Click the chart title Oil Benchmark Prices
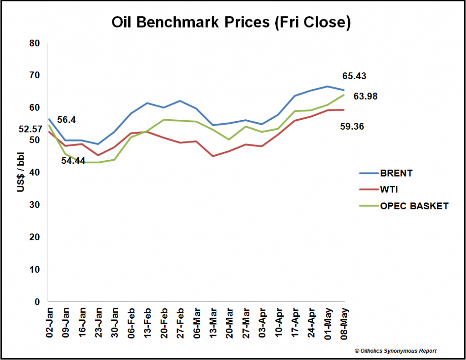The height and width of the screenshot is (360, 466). (231, 23)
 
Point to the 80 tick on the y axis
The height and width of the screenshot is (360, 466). (35, 43)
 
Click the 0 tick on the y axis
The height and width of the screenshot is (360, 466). (38, 302)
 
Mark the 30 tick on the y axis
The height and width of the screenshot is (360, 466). (35, 205)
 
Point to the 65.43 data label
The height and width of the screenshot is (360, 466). (354, 76)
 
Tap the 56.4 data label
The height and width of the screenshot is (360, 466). (66, 120)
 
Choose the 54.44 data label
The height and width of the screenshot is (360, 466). (74, 161)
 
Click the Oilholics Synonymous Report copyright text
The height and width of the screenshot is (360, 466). (395, 350)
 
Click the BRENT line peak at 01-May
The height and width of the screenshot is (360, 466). (328, 86)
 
